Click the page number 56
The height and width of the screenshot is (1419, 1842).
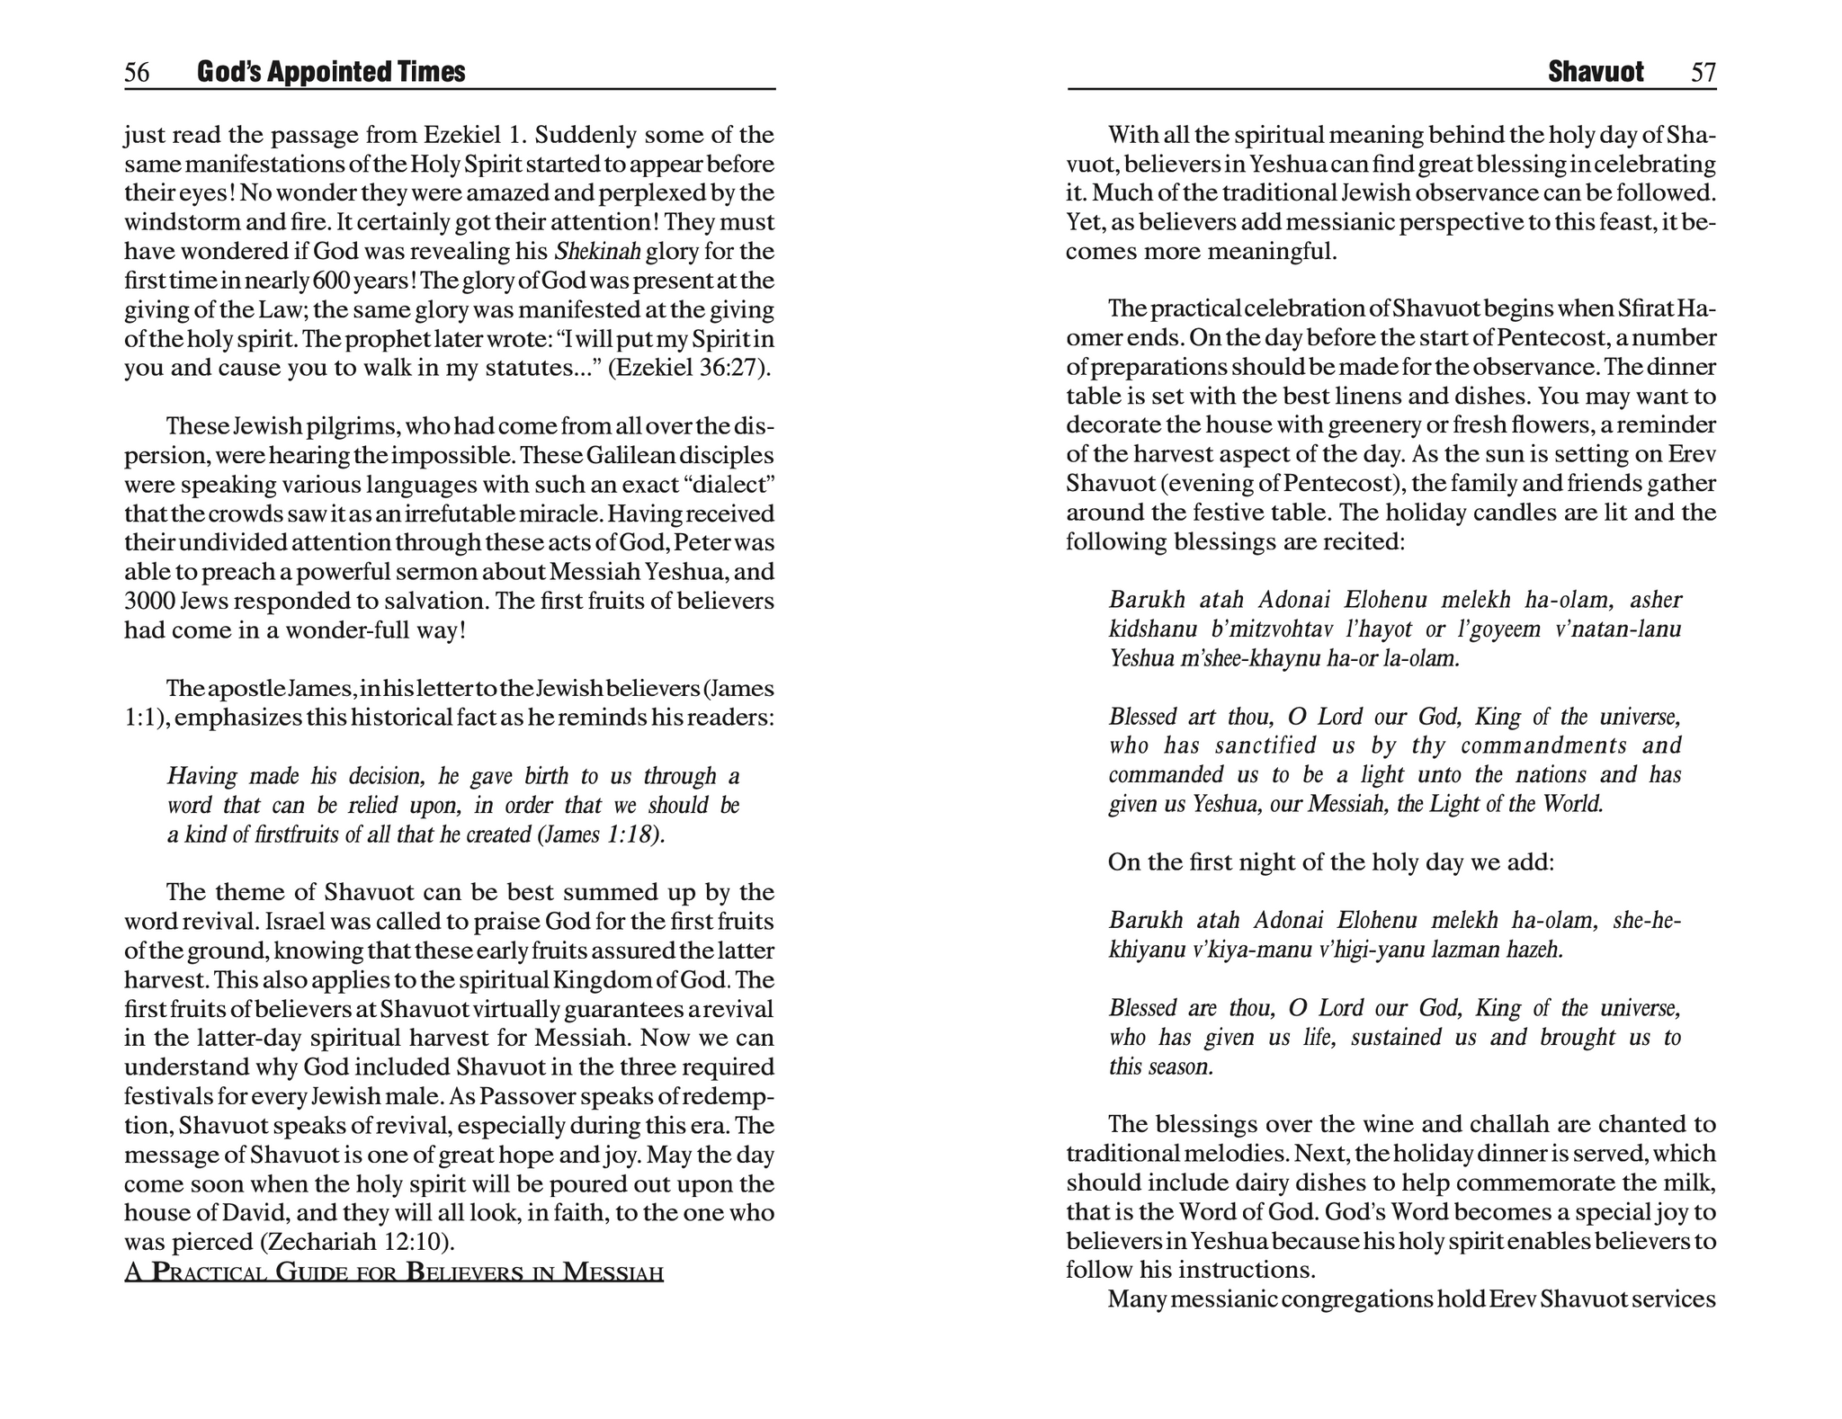137,72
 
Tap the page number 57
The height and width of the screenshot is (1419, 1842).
1703,72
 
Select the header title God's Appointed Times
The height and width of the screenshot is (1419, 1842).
331,72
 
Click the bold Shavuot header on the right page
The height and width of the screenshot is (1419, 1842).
1596,72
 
